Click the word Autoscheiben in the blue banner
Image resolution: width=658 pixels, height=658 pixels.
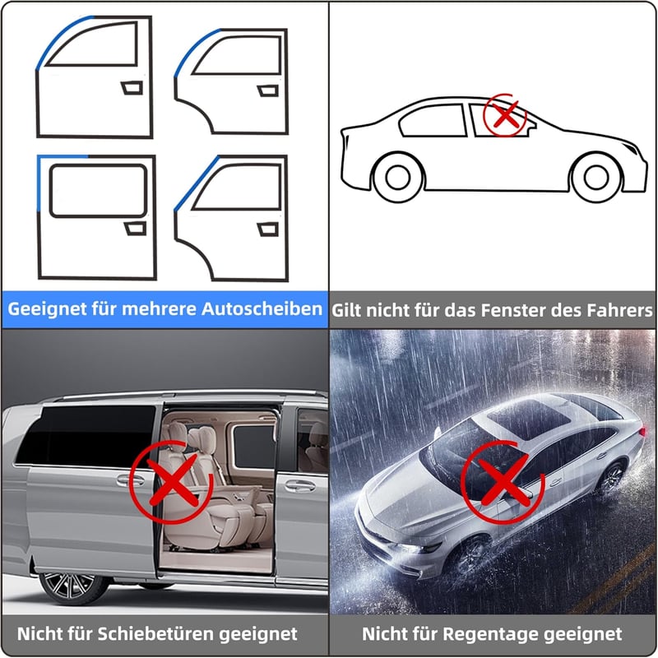[262, 309]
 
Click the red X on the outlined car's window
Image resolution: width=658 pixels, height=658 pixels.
[505, 114]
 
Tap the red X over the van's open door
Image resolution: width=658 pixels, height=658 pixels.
[171, 482]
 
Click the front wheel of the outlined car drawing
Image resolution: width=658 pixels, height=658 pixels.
[596, 177]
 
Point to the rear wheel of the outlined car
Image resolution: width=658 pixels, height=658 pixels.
[397, 177]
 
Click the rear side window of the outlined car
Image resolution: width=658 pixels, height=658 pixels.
[433, 121]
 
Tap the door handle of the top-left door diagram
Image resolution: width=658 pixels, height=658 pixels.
[132, 88]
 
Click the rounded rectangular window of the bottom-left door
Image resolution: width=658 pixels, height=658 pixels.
[98, 191]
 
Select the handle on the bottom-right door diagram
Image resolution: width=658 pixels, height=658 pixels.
[268, 229]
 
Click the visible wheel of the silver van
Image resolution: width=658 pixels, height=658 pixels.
[73, 588]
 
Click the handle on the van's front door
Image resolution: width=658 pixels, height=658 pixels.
[300, 486]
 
